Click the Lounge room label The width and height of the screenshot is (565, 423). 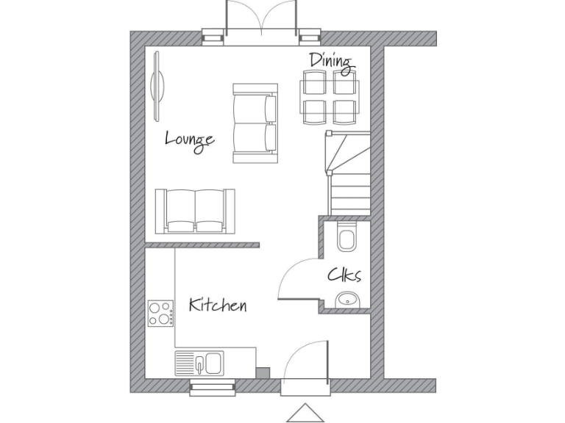tap(189, 139)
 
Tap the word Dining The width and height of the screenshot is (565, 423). tap(330, 61)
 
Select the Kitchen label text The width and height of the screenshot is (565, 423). tap(217, 305)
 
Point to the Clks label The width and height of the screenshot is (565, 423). tap(344, 275)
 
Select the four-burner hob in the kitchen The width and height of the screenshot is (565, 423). tap(160, 314)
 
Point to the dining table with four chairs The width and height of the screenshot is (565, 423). tap(327, 97)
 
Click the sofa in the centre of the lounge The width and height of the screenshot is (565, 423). tap(255, 123)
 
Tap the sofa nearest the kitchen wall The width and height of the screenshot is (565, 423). tap(195, 211)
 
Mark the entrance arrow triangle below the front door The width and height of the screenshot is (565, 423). tap(305, 413)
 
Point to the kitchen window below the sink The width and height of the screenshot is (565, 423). tap(212, 387)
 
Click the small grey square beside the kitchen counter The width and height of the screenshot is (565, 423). tap(263, 372)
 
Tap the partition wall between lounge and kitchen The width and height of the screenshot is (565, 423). tap(202, 245)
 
